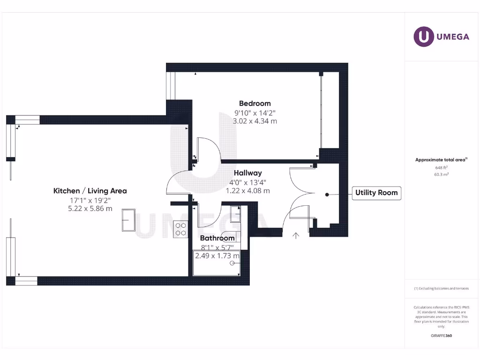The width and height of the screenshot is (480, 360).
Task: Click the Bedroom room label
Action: click(255, 104)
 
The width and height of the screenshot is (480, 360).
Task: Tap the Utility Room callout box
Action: click(376, 193)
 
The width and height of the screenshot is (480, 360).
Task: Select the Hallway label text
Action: click(248, 173)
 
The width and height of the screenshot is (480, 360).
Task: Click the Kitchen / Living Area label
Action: click(90, 191)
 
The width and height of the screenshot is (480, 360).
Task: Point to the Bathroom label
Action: click(217, 238)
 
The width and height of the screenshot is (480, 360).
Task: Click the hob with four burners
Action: click(180, 229)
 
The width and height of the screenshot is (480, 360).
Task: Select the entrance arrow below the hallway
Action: click(296, 235)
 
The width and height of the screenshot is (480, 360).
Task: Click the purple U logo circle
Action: click(424, 37)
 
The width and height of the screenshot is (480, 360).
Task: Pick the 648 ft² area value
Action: click(441, 167)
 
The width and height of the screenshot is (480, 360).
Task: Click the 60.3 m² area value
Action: click(441, 174)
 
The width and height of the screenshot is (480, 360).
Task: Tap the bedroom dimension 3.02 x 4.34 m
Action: click(255, 121)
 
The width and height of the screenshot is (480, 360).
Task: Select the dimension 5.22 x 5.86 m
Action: click(90, 209)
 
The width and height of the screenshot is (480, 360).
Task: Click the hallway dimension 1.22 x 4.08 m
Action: click(248, 191)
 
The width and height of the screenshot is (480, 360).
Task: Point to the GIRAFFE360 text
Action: click(441, 336)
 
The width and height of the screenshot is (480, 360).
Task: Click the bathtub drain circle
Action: click(232, 263)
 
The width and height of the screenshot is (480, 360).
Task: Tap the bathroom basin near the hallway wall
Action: click(236, 214)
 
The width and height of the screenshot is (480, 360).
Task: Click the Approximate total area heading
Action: click(441, 160)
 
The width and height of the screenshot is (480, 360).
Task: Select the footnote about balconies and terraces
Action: click(441, 288)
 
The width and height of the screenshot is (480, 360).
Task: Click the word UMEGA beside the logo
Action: click(453, 37)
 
